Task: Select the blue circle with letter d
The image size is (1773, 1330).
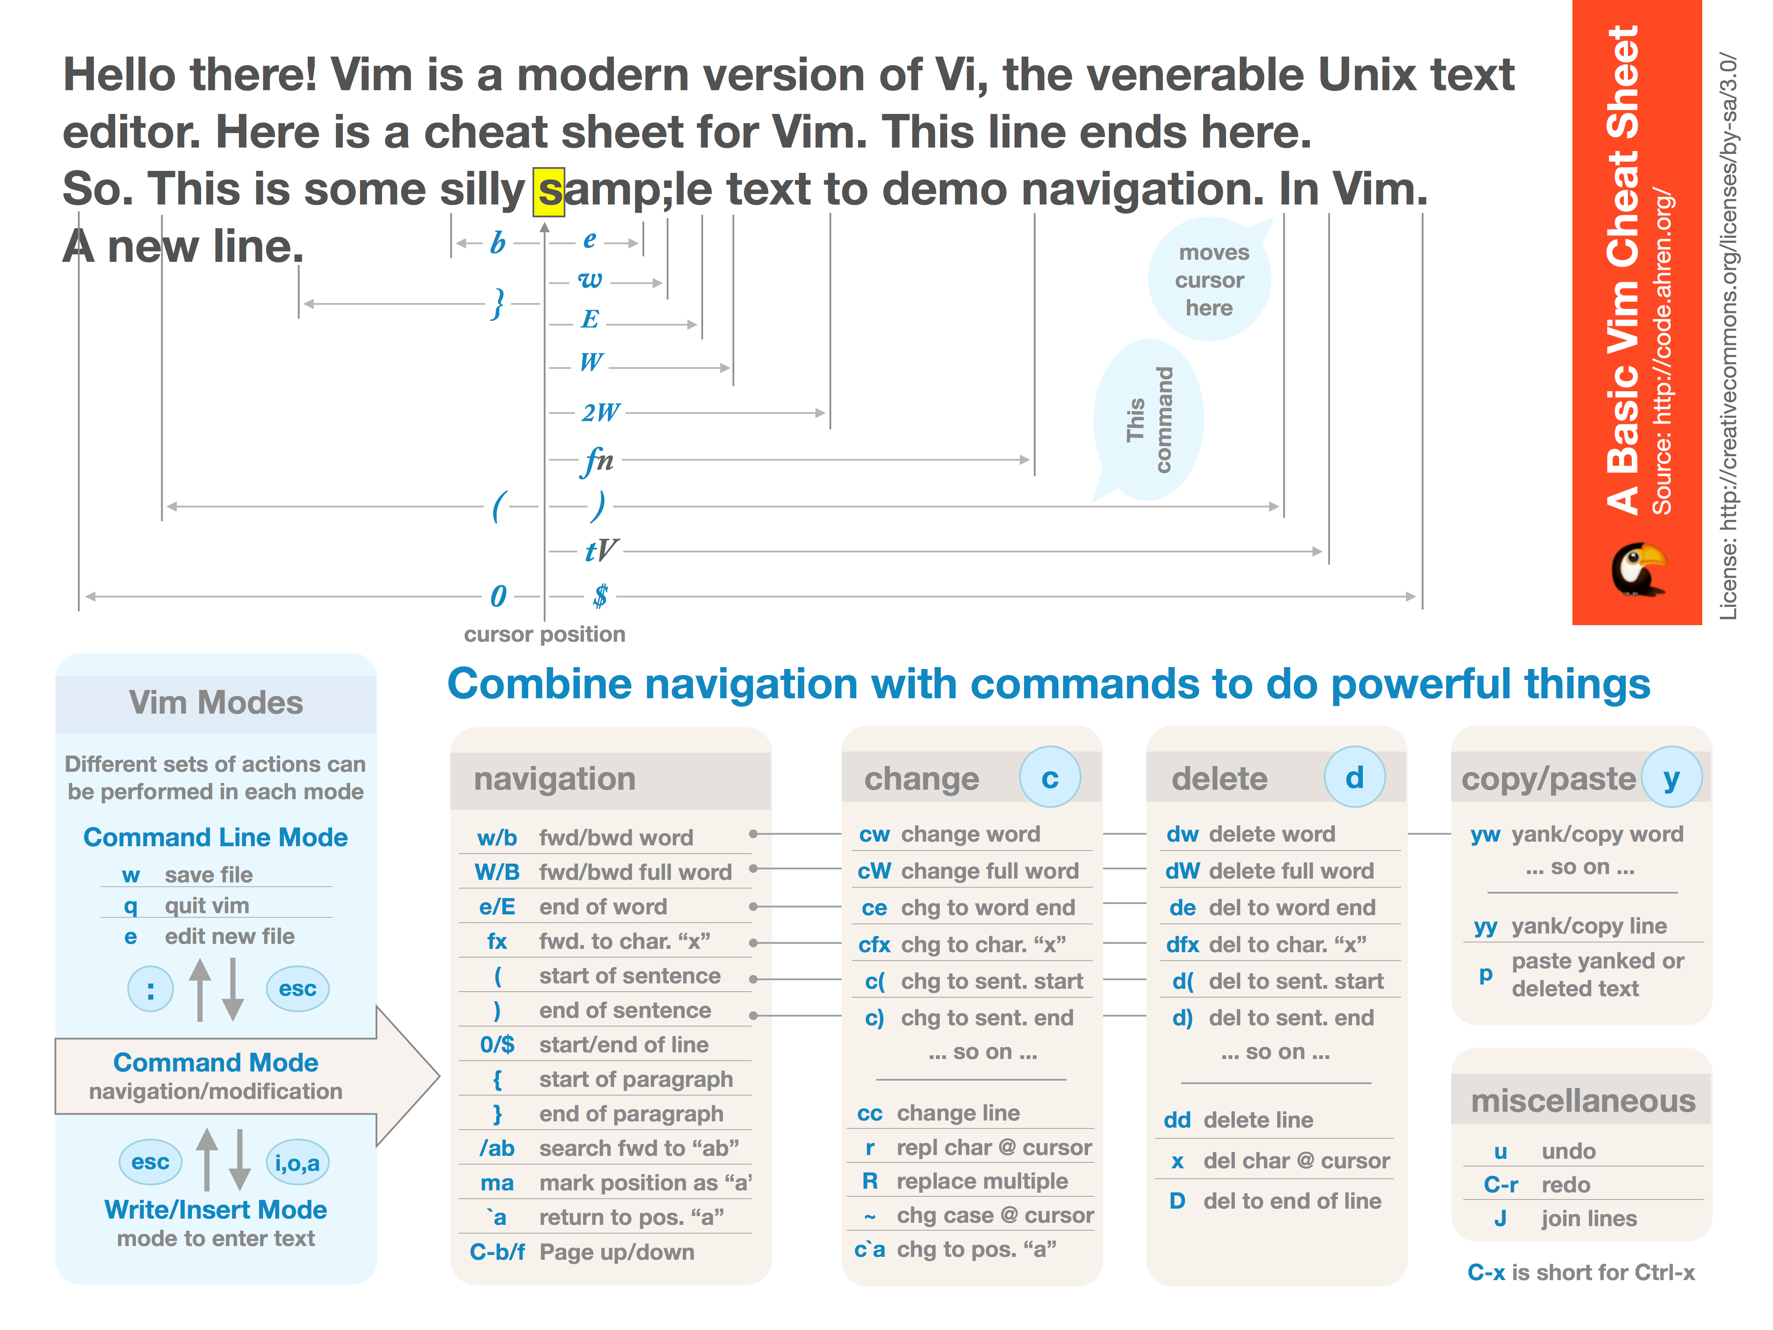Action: pos(1354,777)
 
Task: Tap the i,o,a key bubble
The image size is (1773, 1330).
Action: pos(297,1163)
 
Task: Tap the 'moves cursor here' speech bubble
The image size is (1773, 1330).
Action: pos(1210,280)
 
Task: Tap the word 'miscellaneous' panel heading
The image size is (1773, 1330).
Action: pos(1582,1101)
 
